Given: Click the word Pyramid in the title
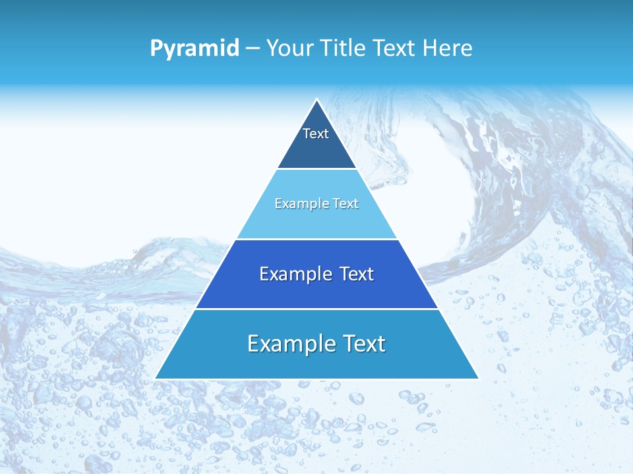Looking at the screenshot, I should coord(195,49).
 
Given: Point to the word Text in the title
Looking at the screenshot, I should coord(395,49).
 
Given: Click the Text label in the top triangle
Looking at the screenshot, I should coord(316,134).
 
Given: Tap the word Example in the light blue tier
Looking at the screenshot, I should coord(300,203).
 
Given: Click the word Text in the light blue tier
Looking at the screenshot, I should coord(344,203).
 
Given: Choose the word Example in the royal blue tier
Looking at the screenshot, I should coord(290,274).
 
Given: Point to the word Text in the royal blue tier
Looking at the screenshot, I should coord(357,274).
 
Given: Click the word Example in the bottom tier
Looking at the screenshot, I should coord(286,344).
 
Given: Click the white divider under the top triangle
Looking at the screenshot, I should coord(316,169).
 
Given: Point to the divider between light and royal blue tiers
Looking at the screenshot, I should coord(316,239).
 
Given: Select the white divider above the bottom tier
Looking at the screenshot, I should coord(316,309).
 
